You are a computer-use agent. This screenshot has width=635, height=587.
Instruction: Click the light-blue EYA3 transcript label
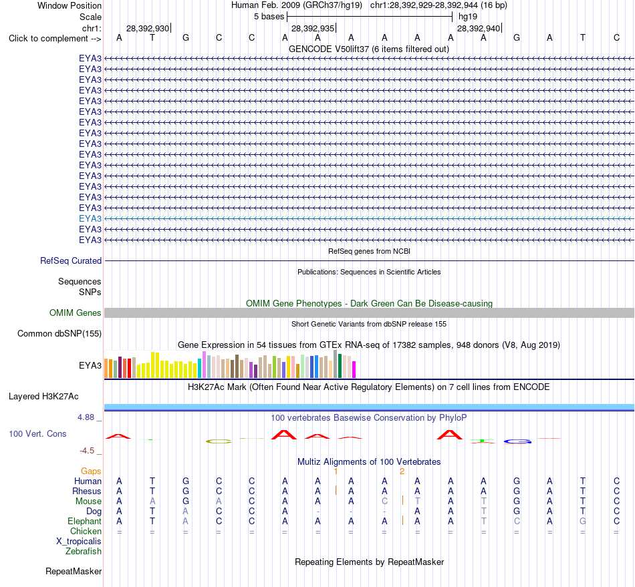point(90,218)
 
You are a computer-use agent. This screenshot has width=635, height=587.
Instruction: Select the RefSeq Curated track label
point(71,261)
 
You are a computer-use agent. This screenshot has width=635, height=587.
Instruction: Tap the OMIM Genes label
point(76,313)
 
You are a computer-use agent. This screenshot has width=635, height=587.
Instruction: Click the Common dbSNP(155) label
point(59,334)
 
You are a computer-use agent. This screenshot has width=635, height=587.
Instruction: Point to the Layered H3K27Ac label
point(43,397)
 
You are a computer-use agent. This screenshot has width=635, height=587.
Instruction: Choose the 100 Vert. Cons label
point(37,433)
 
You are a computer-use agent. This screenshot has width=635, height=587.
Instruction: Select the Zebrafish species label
point(84,552)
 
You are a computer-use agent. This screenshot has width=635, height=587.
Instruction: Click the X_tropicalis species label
point(79,542)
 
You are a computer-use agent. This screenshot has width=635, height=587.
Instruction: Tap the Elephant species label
point(85,521)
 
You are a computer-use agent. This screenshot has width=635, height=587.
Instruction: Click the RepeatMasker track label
point(74,571)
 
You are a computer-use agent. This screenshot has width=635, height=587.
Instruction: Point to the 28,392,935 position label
point(313,28)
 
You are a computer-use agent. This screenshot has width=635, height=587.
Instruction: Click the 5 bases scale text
point(269,17)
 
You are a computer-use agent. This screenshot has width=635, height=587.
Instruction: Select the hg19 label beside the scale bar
point(468,17)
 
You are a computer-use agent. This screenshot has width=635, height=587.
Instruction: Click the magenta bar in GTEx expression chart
point(354,369)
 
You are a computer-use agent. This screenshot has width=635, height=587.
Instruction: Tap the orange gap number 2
point(402,471)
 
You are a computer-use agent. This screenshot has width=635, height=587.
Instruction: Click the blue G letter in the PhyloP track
point(517,441)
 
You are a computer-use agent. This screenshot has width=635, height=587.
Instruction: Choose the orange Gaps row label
point(91,471)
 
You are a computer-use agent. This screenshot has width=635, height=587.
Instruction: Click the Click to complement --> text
point(55,39)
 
